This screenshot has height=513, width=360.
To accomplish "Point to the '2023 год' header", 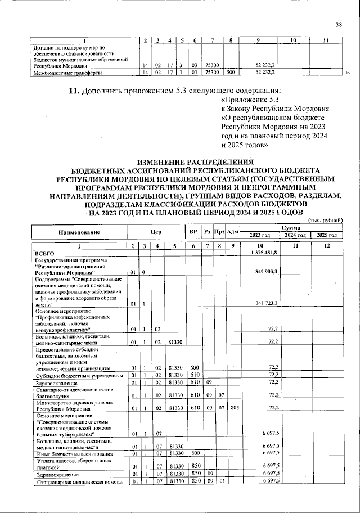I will pyautogui.click(x=260, y=235).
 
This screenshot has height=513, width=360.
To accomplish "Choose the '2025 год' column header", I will pyautogui.click(x=326, y=235).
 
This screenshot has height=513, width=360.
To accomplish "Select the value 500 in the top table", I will pyautogui.click(x=229, y=73).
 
